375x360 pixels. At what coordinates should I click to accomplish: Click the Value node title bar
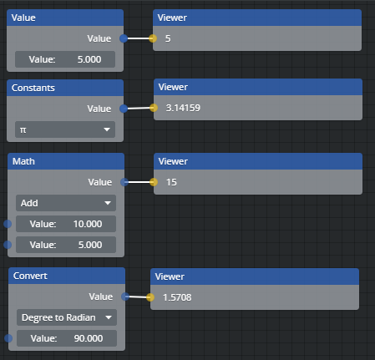[x=65, y=18]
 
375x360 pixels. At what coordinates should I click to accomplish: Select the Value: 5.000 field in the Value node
[x=65, y=59]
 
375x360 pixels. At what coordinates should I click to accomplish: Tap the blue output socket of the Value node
[x=124, y=38]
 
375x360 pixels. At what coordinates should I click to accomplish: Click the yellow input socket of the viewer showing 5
[x=153, y=38]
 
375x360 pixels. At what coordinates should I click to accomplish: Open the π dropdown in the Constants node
[x=65, y=129]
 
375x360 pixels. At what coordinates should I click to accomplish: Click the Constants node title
[x=33, y=88]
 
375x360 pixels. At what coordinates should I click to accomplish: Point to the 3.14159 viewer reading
[x=183, y=108]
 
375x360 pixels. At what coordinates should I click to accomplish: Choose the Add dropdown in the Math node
[x=66, y=203]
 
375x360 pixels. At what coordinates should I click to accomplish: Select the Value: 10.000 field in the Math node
[x=66, y=224]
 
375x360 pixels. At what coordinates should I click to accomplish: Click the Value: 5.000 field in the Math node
[x=66, y=245]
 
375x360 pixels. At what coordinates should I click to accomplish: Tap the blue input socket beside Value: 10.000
[x=8, y=224]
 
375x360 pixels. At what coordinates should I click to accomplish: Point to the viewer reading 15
[x=171, y=182]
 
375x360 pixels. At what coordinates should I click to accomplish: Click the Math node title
[x=23, y=161]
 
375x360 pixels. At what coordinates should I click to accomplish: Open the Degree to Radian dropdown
[x=67, y=317]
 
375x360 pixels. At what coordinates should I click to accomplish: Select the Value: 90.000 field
[x=67, y=338]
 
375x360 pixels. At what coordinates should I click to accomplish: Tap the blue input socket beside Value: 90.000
[x=8, y=338]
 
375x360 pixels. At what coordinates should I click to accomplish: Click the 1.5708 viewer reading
[x=177, y=297]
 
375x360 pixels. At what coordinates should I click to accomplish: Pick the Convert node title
[x=30, y=276]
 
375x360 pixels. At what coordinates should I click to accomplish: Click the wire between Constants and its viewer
[x=139, y=108]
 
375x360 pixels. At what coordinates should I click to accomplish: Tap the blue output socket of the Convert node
[x=125, y=297]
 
